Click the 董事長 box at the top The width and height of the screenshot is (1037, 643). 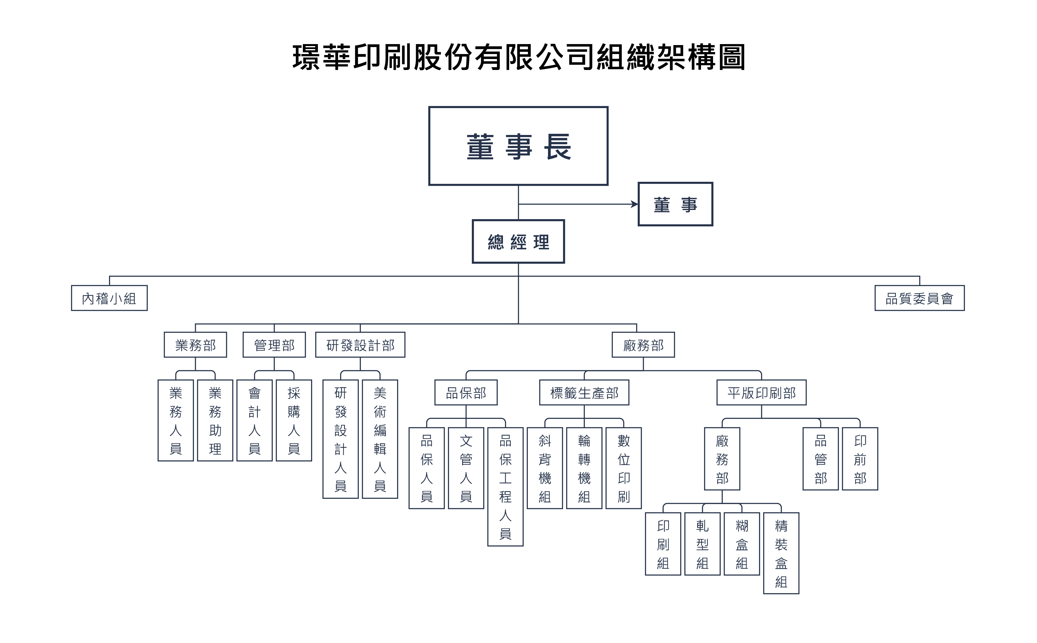tap(518, 146)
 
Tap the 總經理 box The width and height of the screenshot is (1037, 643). tap(518, 242)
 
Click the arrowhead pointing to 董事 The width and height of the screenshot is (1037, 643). tap(635, 204)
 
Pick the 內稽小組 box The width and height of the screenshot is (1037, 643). tap(109, 298)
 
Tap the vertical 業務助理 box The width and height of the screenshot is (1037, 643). tap(215, 420)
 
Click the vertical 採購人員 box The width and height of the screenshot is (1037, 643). tap(294, 420)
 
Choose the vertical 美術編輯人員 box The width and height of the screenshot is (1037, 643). tap(380, 439)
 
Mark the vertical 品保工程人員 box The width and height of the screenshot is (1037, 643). tap(505, 487)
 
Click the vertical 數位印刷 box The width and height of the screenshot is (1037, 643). tap(623, 468)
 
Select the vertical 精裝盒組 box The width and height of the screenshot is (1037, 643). tap(781, 553)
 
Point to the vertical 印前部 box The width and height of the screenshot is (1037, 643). tap(860, 458)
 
